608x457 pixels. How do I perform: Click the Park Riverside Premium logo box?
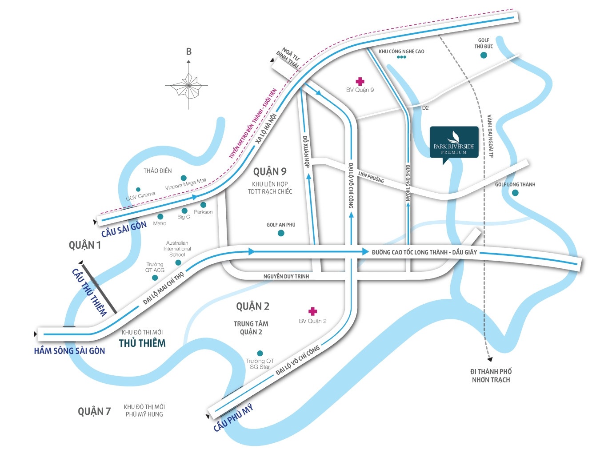click(454, 142)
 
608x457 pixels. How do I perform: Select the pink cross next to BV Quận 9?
click(360, 81)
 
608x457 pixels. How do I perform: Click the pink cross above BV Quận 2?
click(313, 311)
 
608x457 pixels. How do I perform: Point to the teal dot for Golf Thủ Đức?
click(484, 55)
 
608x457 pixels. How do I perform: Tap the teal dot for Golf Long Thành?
click(515, 193)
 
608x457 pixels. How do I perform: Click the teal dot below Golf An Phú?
click(281, 233)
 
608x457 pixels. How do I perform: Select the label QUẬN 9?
click(270, 171)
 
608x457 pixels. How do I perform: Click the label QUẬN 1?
click(85, 245)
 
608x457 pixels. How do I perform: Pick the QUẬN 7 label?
click(94, 412)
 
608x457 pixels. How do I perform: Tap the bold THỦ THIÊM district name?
click(142, 343)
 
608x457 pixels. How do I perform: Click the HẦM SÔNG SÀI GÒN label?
click(70, 351)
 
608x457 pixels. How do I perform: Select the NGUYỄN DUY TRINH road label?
click(286, 276)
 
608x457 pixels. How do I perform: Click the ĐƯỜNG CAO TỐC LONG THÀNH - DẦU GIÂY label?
click(424, 252)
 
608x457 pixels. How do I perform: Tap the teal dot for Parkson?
click(204, 205)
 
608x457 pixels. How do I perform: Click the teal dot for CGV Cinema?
click(138, 190)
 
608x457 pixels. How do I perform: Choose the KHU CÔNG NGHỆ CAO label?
click(401, 52)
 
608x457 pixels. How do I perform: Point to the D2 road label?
click(425, 108)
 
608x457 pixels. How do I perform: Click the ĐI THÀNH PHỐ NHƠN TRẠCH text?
click(491, 375)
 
